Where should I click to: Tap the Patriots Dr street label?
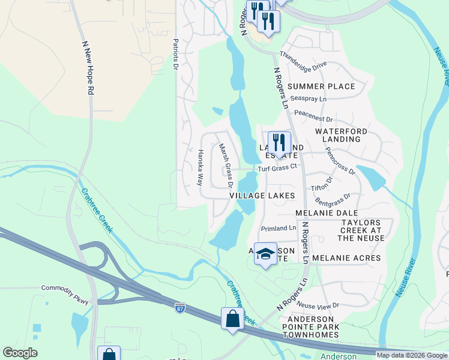pyautogui.click(x=176, y=55)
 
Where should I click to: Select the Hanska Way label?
pyautogui.click(x=200, y=166)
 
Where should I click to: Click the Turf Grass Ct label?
pyautogui.click(x=278, y=169)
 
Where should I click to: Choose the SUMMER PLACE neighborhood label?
pyautogui.click(x=321, y=86)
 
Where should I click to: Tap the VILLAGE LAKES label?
pyautogui.click(x=262, y=196)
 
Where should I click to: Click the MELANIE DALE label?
pyautogui.click(x=326, y=213)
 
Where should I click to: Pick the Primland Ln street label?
pyautogui.click(x=279, y=229)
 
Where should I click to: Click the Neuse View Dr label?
pyautogui.click(x=318, y=305)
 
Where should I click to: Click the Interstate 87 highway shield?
pyautogui.click(x=180, y=308)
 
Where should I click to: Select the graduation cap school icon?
pyautogui.click(x=265, y=254)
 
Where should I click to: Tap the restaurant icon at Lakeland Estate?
pyautogui.click(x=279, y=143)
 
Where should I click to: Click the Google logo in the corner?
pyautogui.click(x=20, y=353)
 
